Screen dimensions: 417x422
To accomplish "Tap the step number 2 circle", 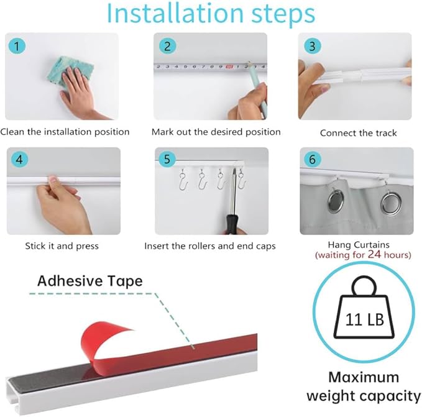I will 167,46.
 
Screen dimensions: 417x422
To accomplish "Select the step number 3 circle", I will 311,46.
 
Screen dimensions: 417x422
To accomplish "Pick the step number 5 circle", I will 167,160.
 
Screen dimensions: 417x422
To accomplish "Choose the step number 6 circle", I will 311,160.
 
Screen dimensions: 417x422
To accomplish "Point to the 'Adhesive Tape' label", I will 89,281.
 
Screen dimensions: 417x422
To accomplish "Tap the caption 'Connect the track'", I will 358,132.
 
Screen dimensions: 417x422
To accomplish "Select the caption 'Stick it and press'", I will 62,246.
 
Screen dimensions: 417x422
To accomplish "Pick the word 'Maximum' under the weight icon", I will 363,377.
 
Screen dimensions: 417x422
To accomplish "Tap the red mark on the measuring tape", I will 230,66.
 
